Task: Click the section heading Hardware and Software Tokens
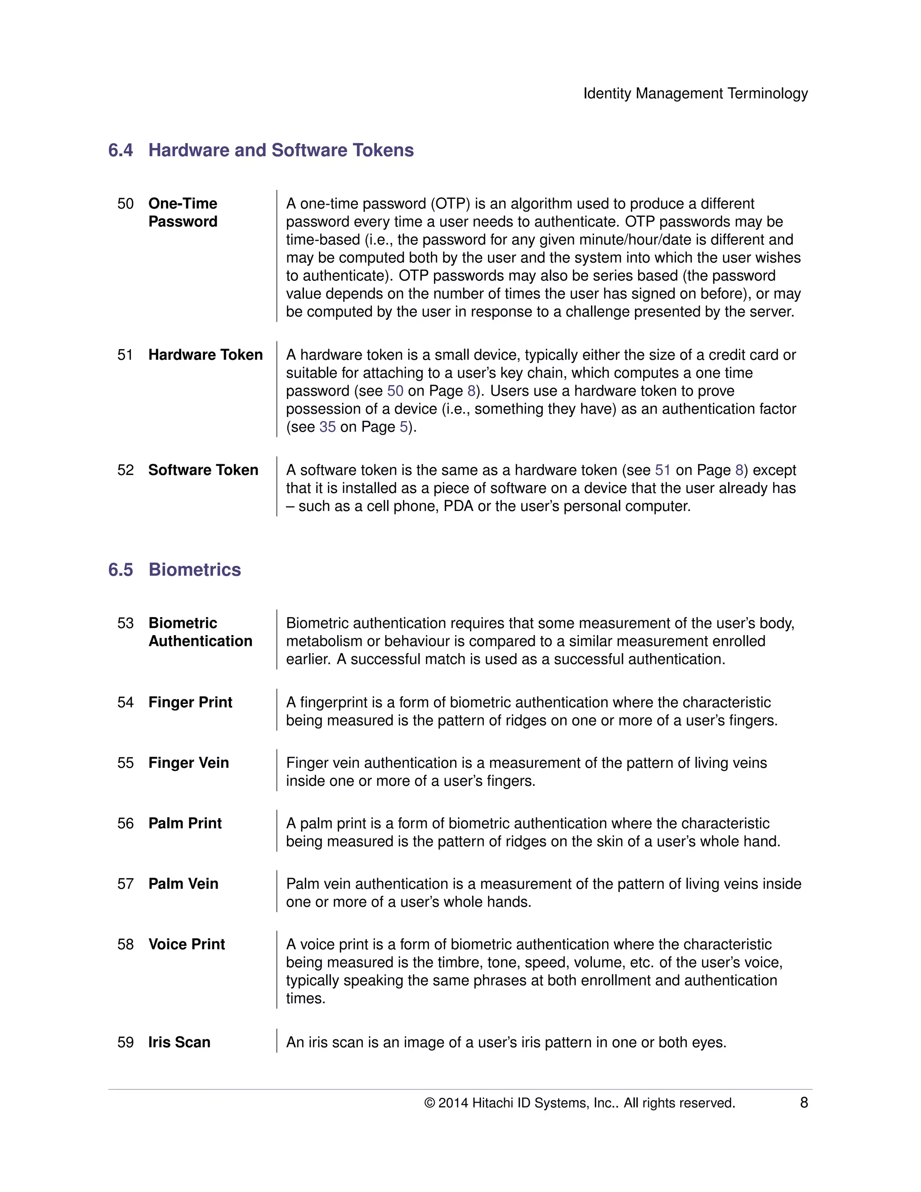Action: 281,150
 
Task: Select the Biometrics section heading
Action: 194,569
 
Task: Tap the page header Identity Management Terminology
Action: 695,93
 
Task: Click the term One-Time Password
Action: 183,212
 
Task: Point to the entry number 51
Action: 125,355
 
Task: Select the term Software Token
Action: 203,470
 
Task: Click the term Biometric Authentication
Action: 200,632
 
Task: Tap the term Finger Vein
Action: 188,762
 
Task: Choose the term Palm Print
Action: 185,823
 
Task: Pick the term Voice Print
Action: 186,944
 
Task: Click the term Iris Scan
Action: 179,1042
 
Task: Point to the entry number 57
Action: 125,883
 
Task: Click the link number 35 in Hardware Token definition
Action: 327,427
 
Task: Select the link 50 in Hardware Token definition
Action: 395,391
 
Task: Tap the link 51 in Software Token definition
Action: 662,470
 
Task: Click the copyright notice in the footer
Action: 579,1102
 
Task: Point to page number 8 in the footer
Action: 803,1102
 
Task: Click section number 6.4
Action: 121,150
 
